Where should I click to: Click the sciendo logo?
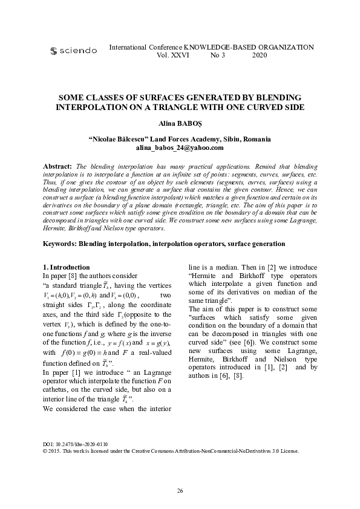[x=73, y=51]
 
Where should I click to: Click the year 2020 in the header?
[x=259, y=55]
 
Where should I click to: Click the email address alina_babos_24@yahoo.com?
[x=180, y=147]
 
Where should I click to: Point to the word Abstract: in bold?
[x=57, y=165]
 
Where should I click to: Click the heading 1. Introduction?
[x=67, y=267]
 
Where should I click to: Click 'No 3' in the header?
[x=217, y=55]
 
